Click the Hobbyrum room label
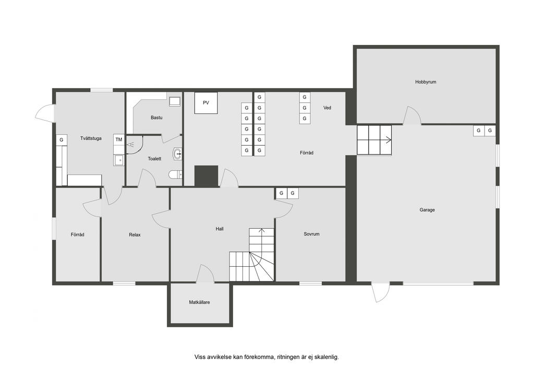(x=426, y=82)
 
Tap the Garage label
(x=427, y=210)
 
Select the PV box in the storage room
(x=206, y=103)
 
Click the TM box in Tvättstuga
(x=118, y=139)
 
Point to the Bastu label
(x=156, y=117)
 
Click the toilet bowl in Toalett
(x=175, y=174)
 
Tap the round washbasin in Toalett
(x=177, y=154)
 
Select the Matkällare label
(x=200, y=302)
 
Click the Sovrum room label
(x=312, y=234)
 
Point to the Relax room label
(x=135, y=235)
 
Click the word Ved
(x=327, y=108)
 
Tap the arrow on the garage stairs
(x=388, y=139)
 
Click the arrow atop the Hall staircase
(x=262, y=231)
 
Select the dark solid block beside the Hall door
(x=206, y=176)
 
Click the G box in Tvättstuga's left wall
(x=62, y=140)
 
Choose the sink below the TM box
(x=118, y=160)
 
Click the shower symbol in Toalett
(x=130, y=145)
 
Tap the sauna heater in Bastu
(x=175, y=102)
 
